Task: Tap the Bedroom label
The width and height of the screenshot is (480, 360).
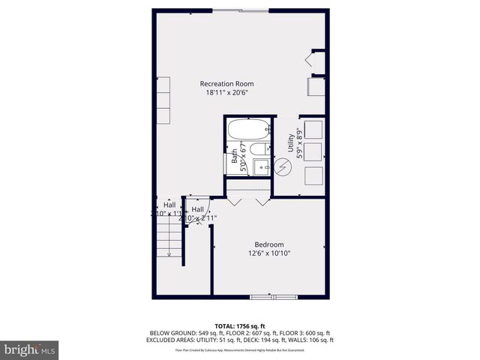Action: tap(269, 244)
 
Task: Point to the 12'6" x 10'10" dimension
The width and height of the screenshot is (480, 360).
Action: tap(269, 253)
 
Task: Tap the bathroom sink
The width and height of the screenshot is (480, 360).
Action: tap(261, 166)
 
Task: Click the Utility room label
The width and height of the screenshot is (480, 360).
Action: tap(291, 145)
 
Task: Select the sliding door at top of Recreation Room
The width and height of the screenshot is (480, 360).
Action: tap(240, 10)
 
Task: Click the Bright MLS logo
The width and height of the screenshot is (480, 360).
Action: tap(30, 349)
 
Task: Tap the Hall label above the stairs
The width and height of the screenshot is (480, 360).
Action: tap(169, 205)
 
